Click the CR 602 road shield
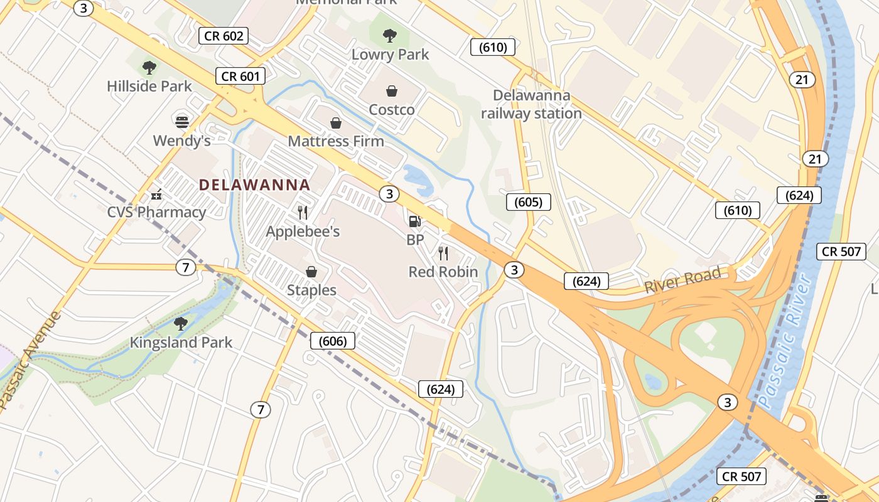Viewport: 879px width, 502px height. (224, 36)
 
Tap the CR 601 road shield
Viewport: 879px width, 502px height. (240, 77)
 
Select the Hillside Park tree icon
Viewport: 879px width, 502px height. (149, 67)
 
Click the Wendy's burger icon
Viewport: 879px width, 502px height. (182, 121)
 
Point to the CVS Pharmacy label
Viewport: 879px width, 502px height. (156, 212)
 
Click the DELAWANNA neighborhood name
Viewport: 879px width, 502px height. (254, 185)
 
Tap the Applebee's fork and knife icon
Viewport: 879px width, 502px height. (303, 213)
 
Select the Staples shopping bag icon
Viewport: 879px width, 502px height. (311, 272)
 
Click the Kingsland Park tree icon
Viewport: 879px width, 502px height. (181, 324)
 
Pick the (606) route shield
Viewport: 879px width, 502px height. (333, 341)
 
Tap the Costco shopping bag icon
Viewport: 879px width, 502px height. (391, 91)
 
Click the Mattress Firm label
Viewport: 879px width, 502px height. (336, 141)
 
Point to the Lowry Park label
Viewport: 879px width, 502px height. (390, 55)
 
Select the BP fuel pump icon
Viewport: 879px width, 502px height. (414, 221)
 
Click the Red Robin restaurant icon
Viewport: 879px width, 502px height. (443, 254)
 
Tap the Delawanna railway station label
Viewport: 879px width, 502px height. (532, 105)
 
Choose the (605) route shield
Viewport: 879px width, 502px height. (528, 202)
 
